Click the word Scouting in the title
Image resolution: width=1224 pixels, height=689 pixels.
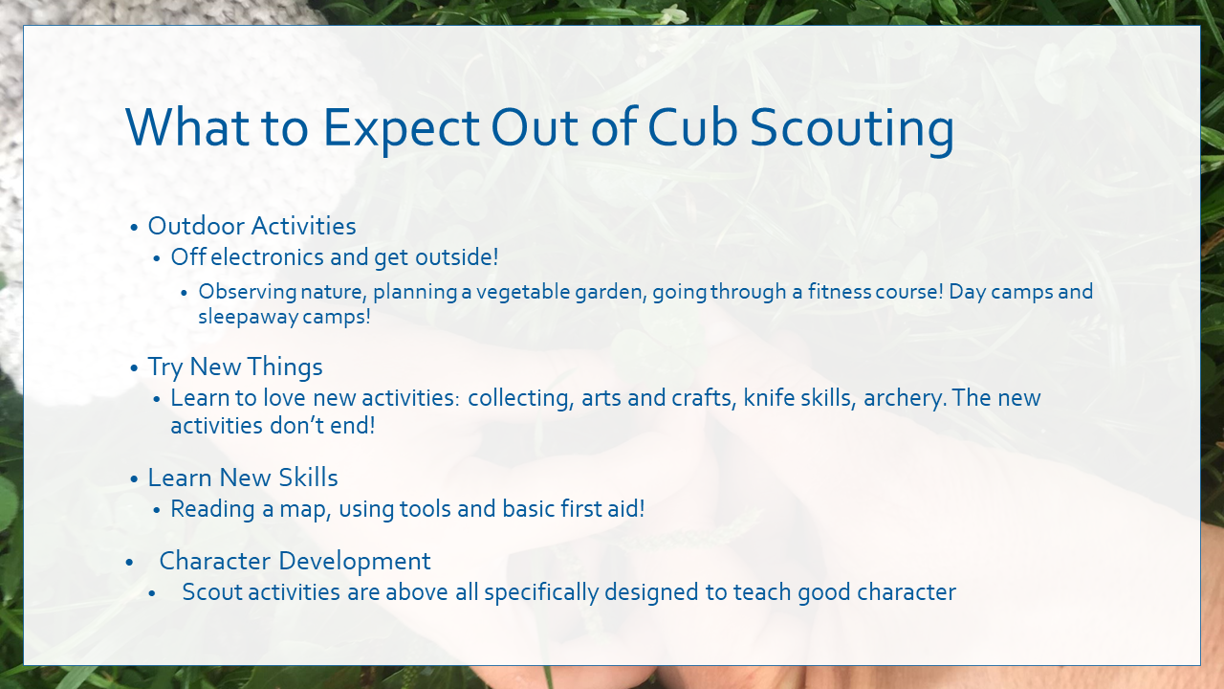(x=852, y=129)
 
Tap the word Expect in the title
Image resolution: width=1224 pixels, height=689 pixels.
(x=402, y=129)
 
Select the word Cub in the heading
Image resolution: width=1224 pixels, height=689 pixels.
(x=691, y=127)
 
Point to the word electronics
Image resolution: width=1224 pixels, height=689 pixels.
(x=267, y=257)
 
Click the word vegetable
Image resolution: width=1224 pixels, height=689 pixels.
(x=523, y=292)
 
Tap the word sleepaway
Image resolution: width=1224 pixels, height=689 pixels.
(x=248, y=317)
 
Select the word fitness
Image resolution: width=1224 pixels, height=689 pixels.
(x=839, y=291)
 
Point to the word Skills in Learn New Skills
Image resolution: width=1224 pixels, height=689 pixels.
(x=308, y=478)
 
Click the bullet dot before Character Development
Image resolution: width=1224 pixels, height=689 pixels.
(x=129, y=562)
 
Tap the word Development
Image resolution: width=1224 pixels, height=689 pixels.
(x=355, y=562)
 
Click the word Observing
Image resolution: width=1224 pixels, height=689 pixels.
(x=248, y=292)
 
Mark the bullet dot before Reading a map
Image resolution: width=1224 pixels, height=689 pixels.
(x=157, y=510)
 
